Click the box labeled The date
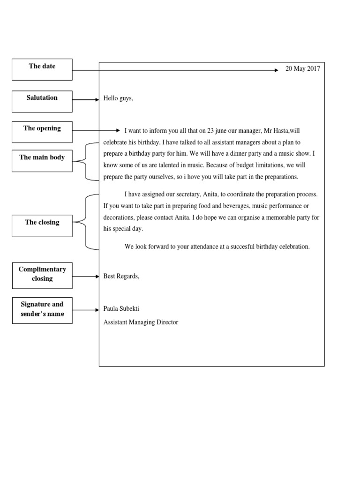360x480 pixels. (x=42, y=69)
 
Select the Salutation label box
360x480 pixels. (x=42, y=101)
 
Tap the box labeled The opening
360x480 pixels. (x=42, y=132)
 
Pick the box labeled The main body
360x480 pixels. (x=42, y=161)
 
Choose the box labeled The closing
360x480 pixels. (x=42, y=225)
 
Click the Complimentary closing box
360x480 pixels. (x=42, y=275)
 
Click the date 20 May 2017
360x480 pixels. (x=303, y=69)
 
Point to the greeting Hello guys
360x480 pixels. (x=118, y=99)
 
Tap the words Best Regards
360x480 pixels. (x=121, y=276)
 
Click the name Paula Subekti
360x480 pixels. (x=121, y=309)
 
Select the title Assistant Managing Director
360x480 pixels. (x=141, y=322)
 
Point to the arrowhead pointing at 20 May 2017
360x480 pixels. (x=276, y=70)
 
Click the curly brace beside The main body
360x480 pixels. (x=86, y=161)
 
